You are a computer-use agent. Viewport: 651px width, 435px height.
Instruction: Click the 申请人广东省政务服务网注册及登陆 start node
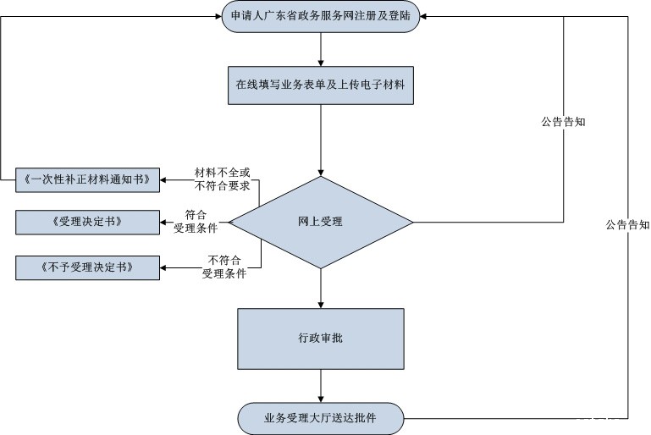point(321,17)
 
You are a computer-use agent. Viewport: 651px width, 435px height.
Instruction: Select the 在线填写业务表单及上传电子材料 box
point(321,85)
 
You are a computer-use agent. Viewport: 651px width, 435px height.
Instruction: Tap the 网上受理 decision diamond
point(321,222)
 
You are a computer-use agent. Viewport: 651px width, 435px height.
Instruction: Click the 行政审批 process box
point(321,338)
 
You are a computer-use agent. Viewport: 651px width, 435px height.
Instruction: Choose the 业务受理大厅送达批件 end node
point(321,417)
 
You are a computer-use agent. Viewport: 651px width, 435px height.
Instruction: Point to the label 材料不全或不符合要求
point(210,179)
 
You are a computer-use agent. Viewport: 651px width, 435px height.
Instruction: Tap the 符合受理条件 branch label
point(196,222)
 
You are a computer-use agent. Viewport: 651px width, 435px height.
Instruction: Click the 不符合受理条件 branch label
point(223,267)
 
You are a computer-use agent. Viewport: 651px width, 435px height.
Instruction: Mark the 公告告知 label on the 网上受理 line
point(564,121)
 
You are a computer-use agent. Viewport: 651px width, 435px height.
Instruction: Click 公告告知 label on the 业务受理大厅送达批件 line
point(627,225)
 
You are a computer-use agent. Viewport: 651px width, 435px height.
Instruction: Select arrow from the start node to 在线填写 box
point(321,49)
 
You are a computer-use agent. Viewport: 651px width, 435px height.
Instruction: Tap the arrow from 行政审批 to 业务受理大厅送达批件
point(321,386)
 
